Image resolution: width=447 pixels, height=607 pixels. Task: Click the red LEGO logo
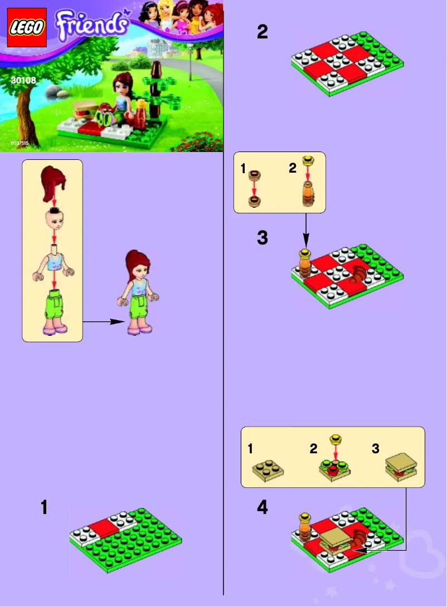click(27, 27)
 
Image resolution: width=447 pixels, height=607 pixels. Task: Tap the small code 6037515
click(19, 144)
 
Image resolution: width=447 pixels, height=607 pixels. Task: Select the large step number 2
click(262, 32)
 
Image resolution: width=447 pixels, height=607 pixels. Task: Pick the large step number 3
click(263, 238)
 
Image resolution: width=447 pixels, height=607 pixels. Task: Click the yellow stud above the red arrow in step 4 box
click(335, 440)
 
